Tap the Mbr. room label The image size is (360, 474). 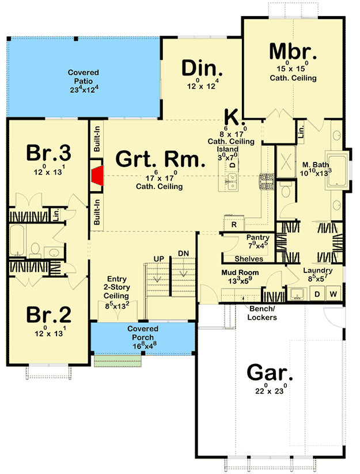coord(292,51)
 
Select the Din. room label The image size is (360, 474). coord(200,68)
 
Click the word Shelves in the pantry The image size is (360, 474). coord(250,259)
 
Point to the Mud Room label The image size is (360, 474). coord(240,272)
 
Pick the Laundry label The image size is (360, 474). coord(317,270)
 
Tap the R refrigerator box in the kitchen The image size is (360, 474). coord(234,225)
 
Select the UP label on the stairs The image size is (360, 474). coord(158,259)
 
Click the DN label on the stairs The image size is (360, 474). coord(184,253)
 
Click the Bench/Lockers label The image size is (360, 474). coord(262,313)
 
